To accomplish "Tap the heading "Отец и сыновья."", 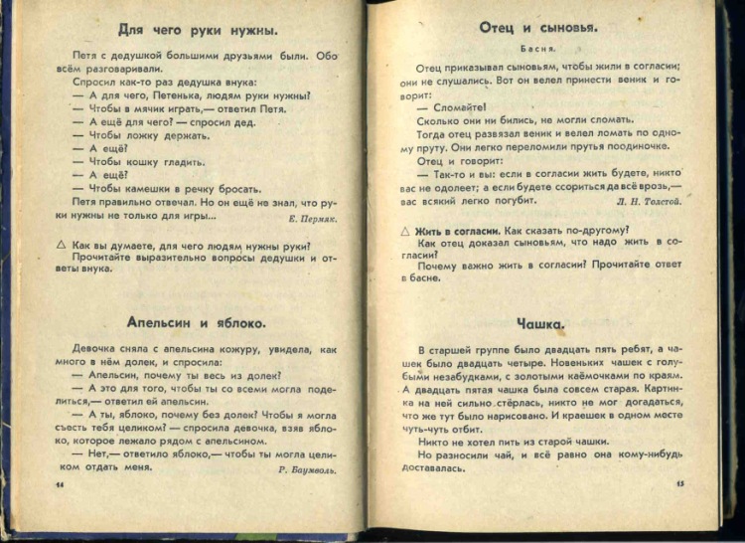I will (537, 28).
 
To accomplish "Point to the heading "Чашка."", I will (541, 323).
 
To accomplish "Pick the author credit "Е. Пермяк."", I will (312, 216).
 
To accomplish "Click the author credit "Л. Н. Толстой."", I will (648, 200).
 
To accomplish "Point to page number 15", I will (679, 485).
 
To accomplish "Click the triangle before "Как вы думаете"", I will (62, 245).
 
